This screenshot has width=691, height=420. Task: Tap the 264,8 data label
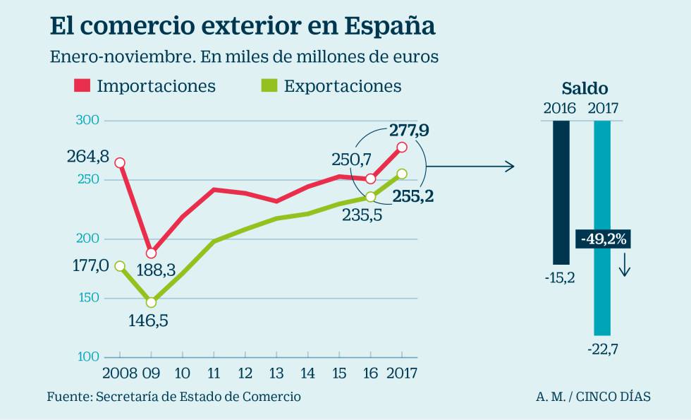click(88, 156)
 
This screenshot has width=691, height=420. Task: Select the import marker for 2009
click(151, 253)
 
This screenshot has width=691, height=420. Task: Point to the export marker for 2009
click(151, 302)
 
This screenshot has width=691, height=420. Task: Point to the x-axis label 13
click(276, 372)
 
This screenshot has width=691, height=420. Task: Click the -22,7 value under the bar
click(602, 347)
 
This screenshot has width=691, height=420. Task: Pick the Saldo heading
click(585, 88)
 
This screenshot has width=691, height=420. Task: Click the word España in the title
click(389, 26)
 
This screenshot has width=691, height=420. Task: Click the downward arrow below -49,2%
click(624, 268)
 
